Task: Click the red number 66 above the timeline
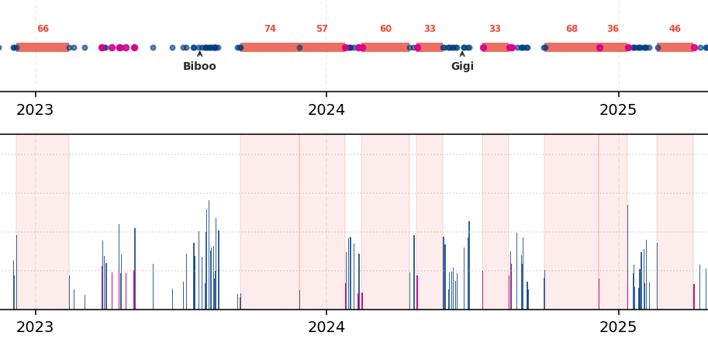tap(43, 29)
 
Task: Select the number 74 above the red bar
tap(270, 29)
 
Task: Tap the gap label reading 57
tap(322, 29)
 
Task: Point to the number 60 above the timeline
tap(385, 29)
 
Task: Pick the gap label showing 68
tap(572, 29)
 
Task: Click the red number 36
tap(613, 29)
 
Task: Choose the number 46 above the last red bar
tap(675, 29)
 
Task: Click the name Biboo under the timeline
tap(199, 67)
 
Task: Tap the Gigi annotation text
tap(462, 67)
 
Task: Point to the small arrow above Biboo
tap(199, 54)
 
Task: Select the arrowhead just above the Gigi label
tap(462, 54)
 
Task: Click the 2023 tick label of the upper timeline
tap(35, 110)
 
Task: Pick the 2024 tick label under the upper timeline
tap(326, 110)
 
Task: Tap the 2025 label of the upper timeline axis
tap(618, 110)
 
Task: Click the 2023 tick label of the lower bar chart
tap(35, 327)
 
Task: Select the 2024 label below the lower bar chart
tap(326, 327)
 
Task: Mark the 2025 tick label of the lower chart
tap(618, 327)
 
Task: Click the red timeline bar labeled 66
tap(43, 47)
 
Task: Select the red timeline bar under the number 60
tap(385, 47)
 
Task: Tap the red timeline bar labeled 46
tap(675, 47)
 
